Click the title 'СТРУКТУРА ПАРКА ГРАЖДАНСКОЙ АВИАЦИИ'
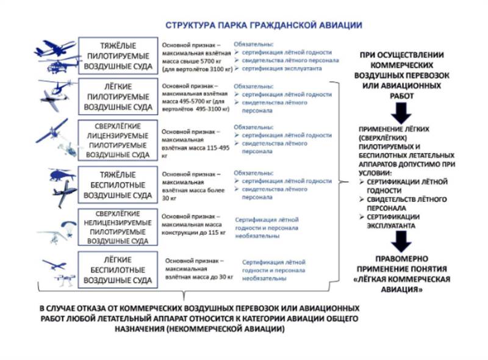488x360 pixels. (x=264, y=26)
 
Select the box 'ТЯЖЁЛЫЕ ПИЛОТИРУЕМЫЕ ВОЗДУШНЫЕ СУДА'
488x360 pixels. (x=118, y=57)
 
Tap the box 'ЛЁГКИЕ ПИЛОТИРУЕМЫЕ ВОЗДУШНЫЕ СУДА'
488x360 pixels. (x=118, y=96)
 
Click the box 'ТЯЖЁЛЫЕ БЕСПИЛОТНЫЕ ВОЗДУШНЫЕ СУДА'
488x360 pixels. (x=118, y=185)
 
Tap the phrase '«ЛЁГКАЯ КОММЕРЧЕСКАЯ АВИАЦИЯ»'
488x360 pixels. (x=401, y=284)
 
